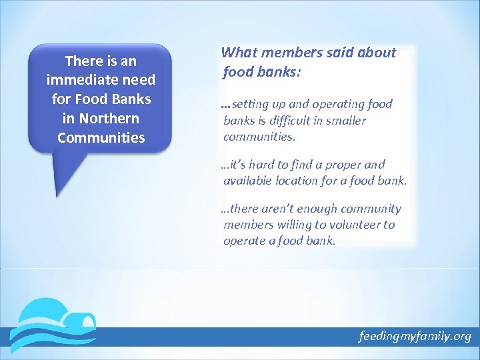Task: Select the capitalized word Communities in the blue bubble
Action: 101,138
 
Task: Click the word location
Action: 301,181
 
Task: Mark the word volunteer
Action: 354,225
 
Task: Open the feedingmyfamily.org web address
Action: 414,336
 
